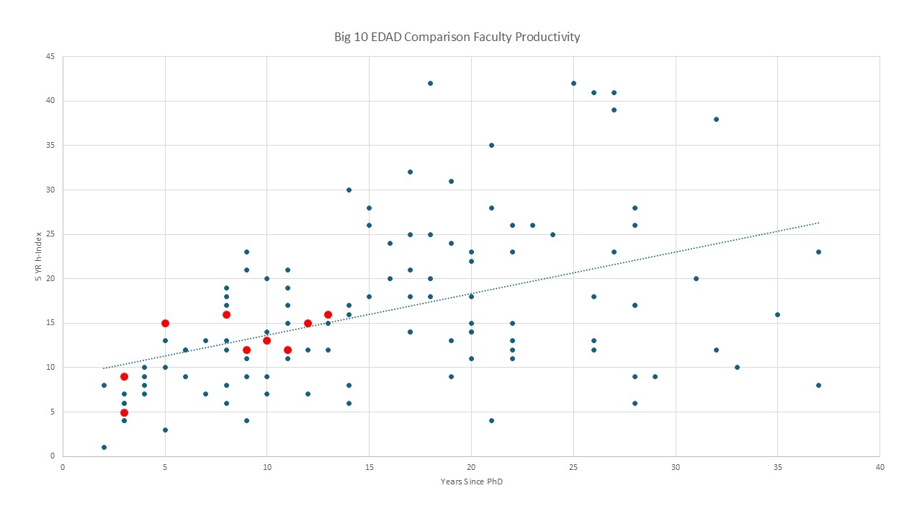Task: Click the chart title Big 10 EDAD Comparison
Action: click(x=457, y=37)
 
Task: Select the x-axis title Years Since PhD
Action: click(x=471, y=482)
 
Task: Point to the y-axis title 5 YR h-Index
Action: click(x=40, y=256)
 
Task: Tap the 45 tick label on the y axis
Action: click(x=51, y=56)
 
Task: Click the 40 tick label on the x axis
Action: click(x=880, y=466)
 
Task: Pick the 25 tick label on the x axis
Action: click(x=573, y=466)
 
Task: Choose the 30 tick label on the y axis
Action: click(x=51, y=190)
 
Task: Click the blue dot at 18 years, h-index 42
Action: click(x=430, y=83)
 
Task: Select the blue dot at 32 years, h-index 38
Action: click(x=716, y=119)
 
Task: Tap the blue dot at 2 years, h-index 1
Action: click(x=104, y=447)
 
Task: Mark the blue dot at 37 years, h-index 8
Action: click(x=818, y=385)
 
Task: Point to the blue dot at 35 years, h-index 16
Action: click(x=777, y=314)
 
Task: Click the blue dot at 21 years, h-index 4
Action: click(x=491, y=420)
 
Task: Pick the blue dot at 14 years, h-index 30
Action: click(x=349, y=190)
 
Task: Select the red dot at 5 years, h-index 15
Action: click(x=165, y=323)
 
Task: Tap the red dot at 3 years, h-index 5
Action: click(x=124, y=412)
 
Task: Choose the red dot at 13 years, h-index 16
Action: click(x=328, y=314)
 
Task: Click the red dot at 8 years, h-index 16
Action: click(x=226, y=314)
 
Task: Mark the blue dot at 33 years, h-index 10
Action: click(x=737, y=367)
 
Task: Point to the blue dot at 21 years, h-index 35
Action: click(x=491, y=145)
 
